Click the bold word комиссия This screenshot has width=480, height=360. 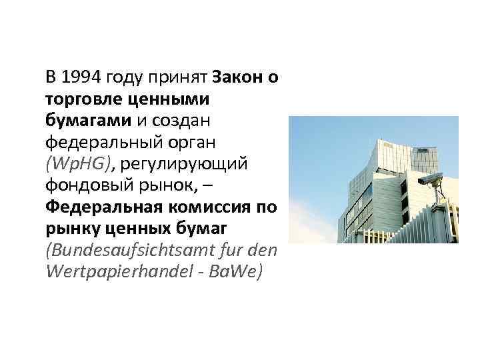[x=206, y=206]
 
